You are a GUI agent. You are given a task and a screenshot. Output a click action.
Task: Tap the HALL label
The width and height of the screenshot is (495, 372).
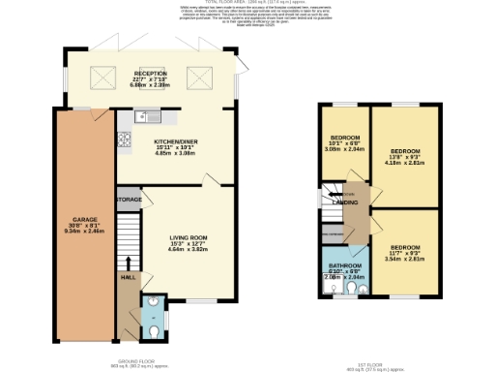pos(128,277)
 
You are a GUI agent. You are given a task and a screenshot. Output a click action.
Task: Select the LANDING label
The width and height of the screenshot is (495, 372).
pos(342,202)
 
